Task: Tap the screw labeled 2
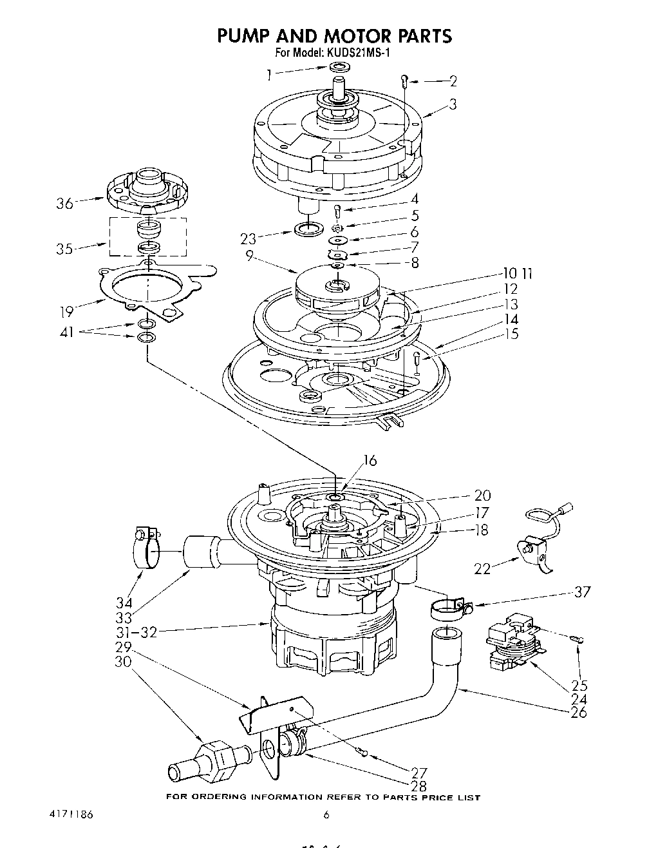click(x=404, y=81)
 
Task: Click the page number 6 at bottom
click(x=326, y=814)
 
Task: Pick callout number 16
click(x=370, y=461)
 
